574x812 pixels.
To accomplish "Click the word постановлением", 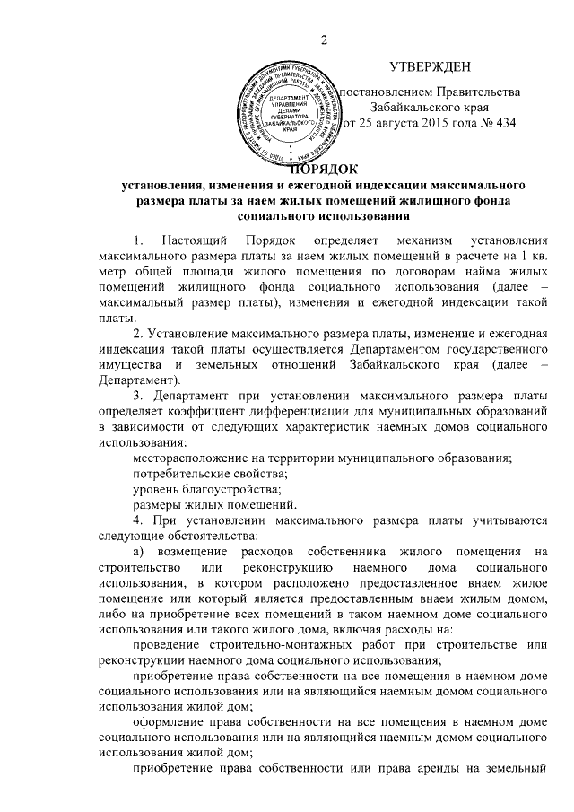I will (x=390, y=92).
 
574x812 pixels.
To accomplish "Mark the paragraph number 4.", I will (x=136, y=522).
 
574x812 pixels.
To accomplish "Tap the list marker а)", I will (x=138, y=555).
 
